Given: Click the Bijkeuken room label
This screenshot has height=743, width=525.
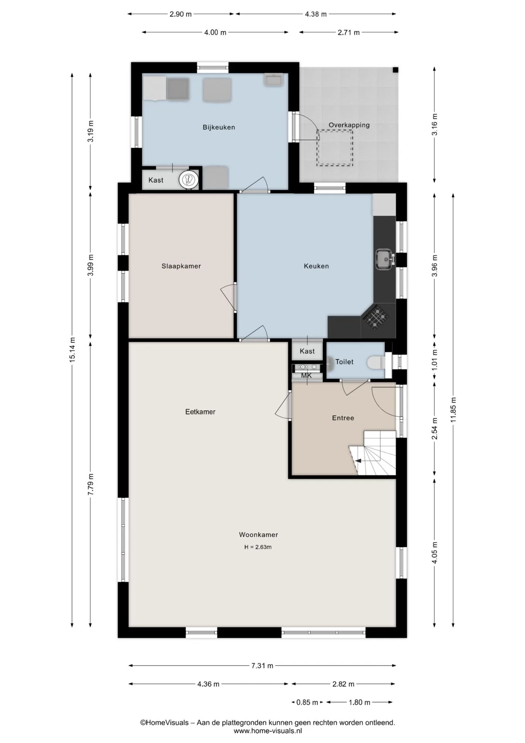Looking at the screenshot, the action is pyautogui.click(x=219, y=127).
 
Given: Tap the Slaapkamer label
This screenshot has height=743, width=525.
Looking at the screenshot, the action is pyautogui.click(x=181, y=266).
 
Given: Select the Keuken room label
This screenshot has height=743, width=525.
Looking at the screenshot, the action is pyautogui.click(x=316, y=266).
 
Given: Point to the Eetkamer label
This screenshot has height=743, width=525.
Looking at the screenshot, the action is pyautogui.click(x=200, y=412).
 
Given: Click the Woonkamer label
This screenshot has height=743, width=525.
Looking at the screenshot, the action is pyautogui.click(x=259, y=535).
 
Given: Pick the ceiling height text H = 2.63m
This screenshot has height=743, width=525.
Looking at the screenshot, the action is pyautogui.click(x=258, y=547).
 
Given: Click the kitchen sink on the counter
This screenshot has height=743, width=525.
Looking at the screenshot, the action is pyautogui.click(x=385, y=259).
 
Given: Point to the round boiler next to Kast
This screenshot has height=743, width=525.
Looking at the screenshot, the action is pyautogui.click(x=189, y=180).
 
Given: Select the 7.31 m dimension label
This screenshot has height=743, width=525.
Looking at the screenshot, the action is pyautogui.click(x=262, y=666).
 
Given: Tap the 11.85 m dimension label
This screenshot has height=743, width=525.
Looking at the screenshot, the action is pyautogui.click(x=453, y=410).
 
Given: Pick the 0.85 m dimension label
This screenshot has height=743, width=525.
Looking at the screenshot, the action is pyautogui.click(x=307, y=702).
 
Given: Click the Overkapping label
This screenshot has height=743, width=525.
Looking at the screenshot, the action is pyautogui.click(x=349, y=125).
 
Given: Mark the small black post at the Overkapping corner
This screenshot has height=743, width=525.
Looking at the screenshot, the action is pyautogui.click(x=395, y=70).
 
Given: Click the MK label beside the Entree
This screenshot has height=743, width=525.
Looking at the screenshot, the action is pyautogui.click(x=306, y=375).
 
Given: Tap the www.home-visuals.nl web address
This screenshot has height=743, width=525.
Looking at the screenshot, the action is pyautogui.click(x=268, y=731).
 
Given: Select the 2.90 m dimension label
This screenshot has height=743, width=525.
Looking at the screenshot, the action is pyautogui.click(x=181, y=14).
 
